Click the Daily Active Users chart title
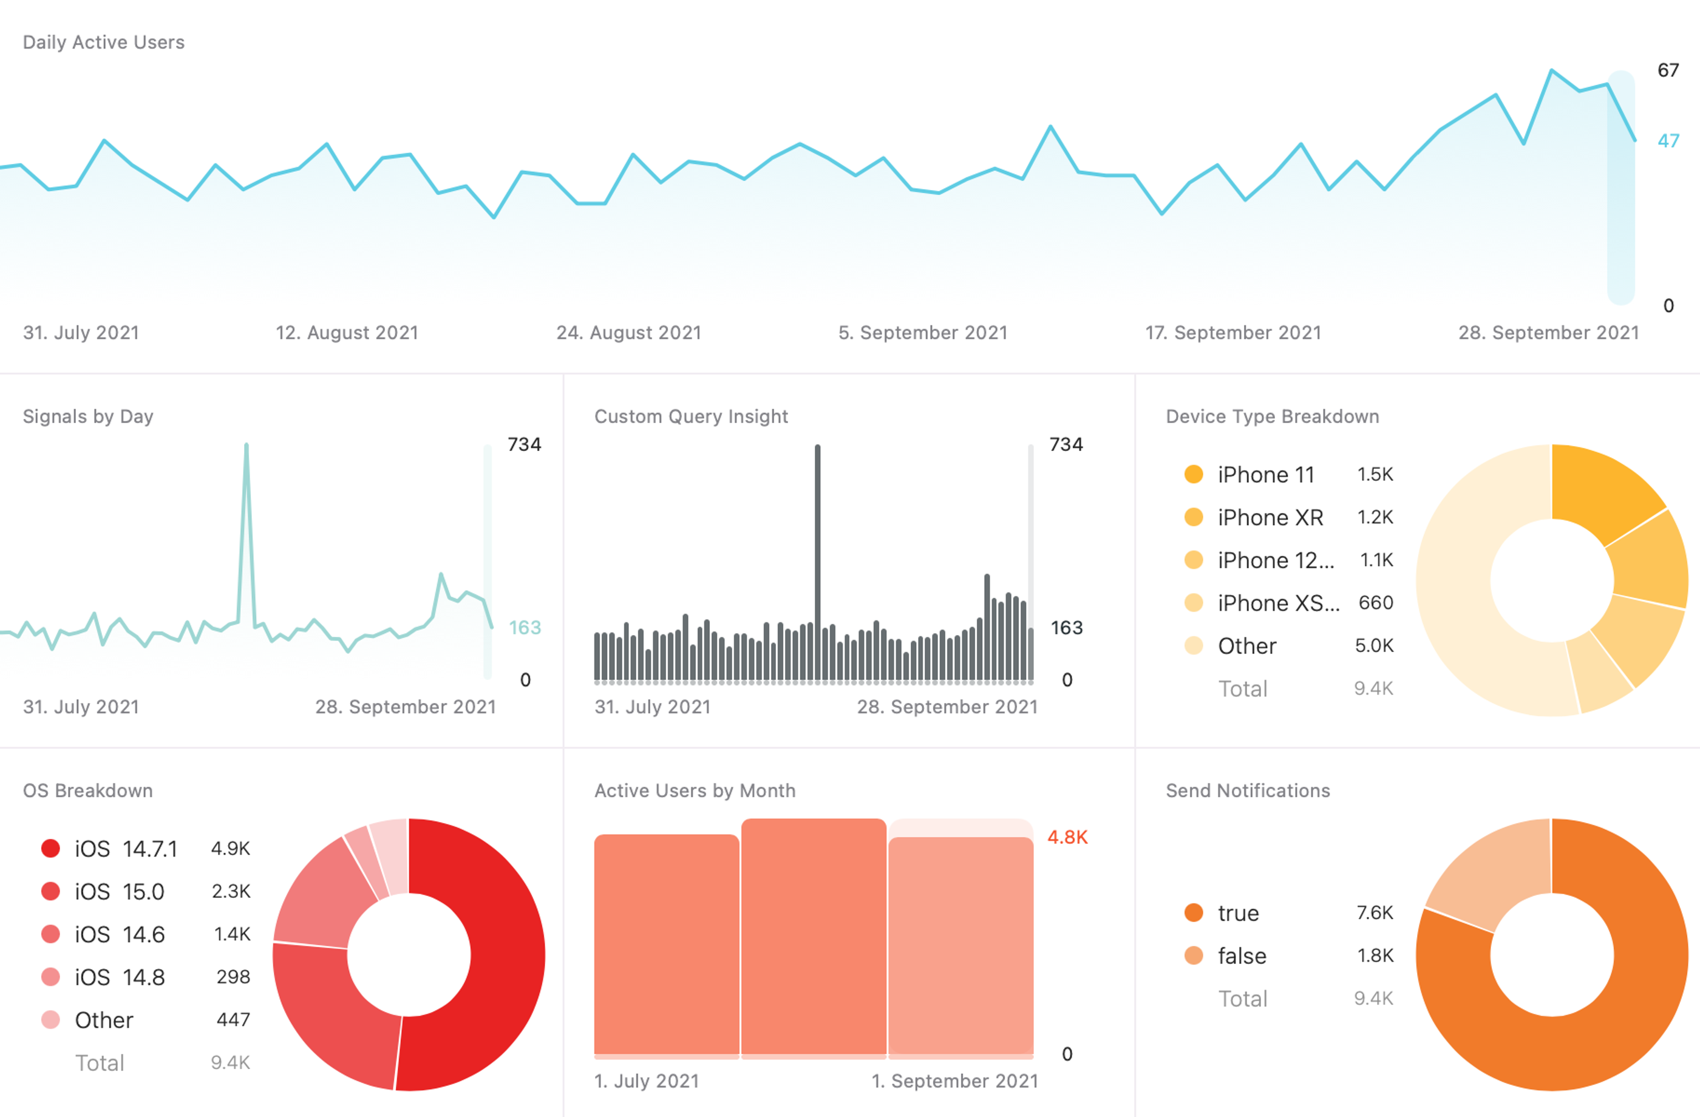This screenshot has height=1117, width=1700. tap(104, 42)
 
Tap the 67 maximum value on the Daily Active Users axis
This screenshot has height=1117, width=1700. tap(1668, 70)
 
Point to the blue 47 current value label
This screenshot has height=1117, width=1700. tap(1668, 141)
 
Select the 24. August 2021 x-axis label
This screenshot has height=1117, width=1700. tap(628, 333)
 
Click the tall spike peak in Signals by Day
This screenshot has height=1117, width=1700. tap(246, 447)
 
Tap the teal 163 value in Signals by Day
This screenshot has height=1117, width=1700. tap(525, 627)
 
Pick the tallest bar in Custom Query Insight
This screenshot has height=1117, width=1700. tap(817, 557)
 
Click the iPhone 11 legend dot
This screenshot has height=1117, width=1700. tap(1194, 474)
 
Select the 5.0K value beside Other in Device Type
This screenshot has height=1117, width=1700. tap(1373, 646)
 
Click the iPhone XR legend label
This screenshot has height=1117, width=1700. tap(1270, 517)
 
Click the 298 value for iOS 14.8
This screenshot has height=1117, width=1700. tap(233, 976)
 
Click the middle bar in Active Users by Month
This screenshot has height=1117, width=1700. tap(814, 935)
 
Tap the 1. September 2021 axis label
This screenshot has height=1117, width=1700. tap(954, 1081)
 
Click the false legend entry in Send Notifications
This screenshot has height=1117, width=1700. tap(1242, 956)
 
